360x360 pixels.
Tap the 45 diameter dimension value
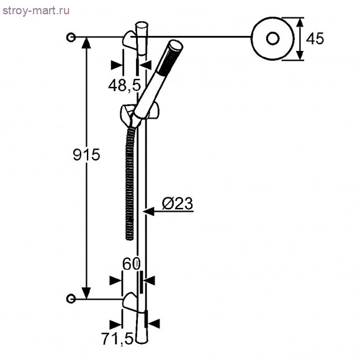(x=315, y=38)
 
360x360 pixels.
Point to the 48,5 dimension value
(x=124, y=85)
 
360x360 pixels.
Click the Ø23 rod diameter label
(x=178, y=203)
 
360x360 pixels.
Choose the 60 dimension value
(x=131, y=264)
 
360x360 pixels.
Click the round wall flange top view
(x=272, y=38)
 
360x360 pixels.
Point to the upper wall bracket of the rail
(x=132, y=40)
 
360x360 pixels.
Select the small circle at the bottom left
(x=72, y=299)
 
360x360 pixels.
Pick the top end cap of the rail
(x=143, y=25)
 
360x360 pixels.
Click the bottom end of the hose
(x=130, y=235)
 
